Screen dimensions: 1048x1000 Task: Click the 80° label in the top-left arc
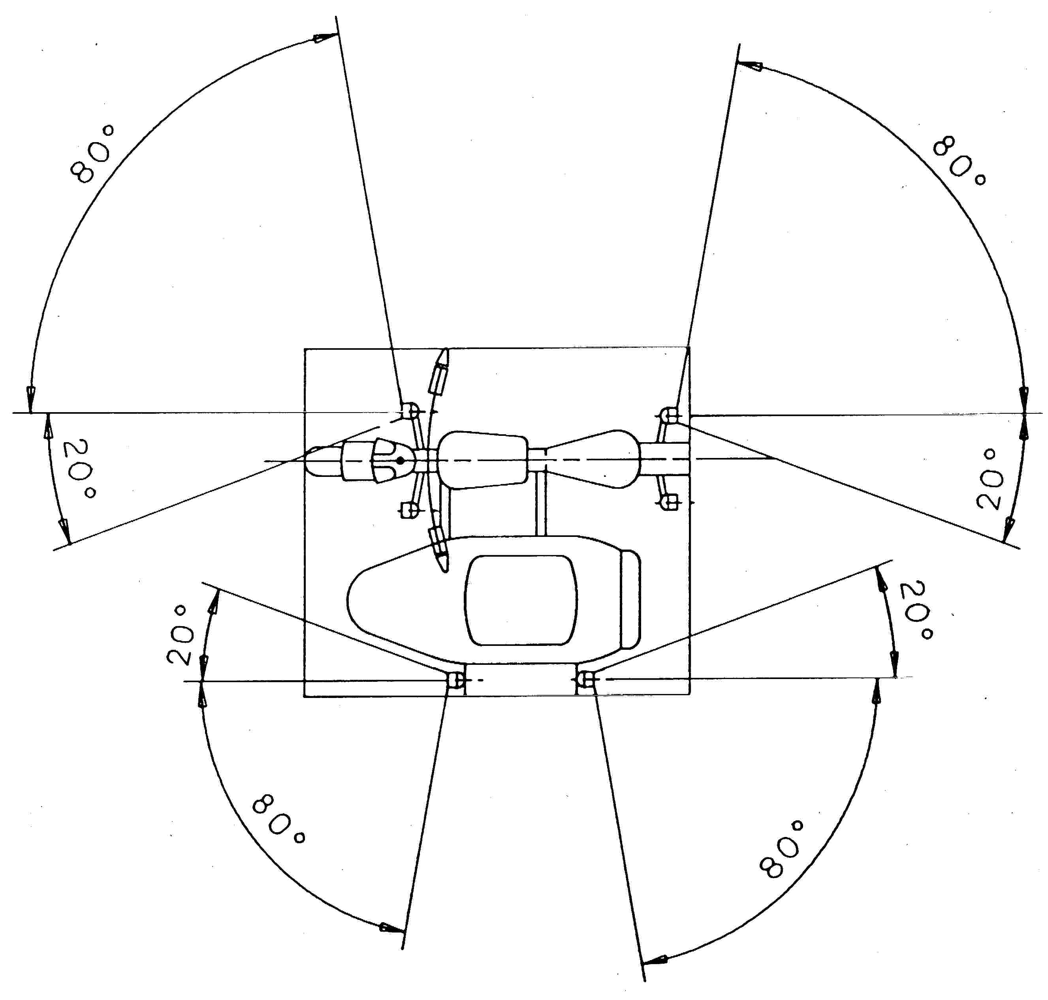[92, 155]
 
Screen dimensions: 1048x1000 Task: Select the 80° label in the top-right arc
[958, 160]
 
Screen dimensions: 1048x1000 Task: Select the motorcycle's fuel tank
[483, 460]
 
